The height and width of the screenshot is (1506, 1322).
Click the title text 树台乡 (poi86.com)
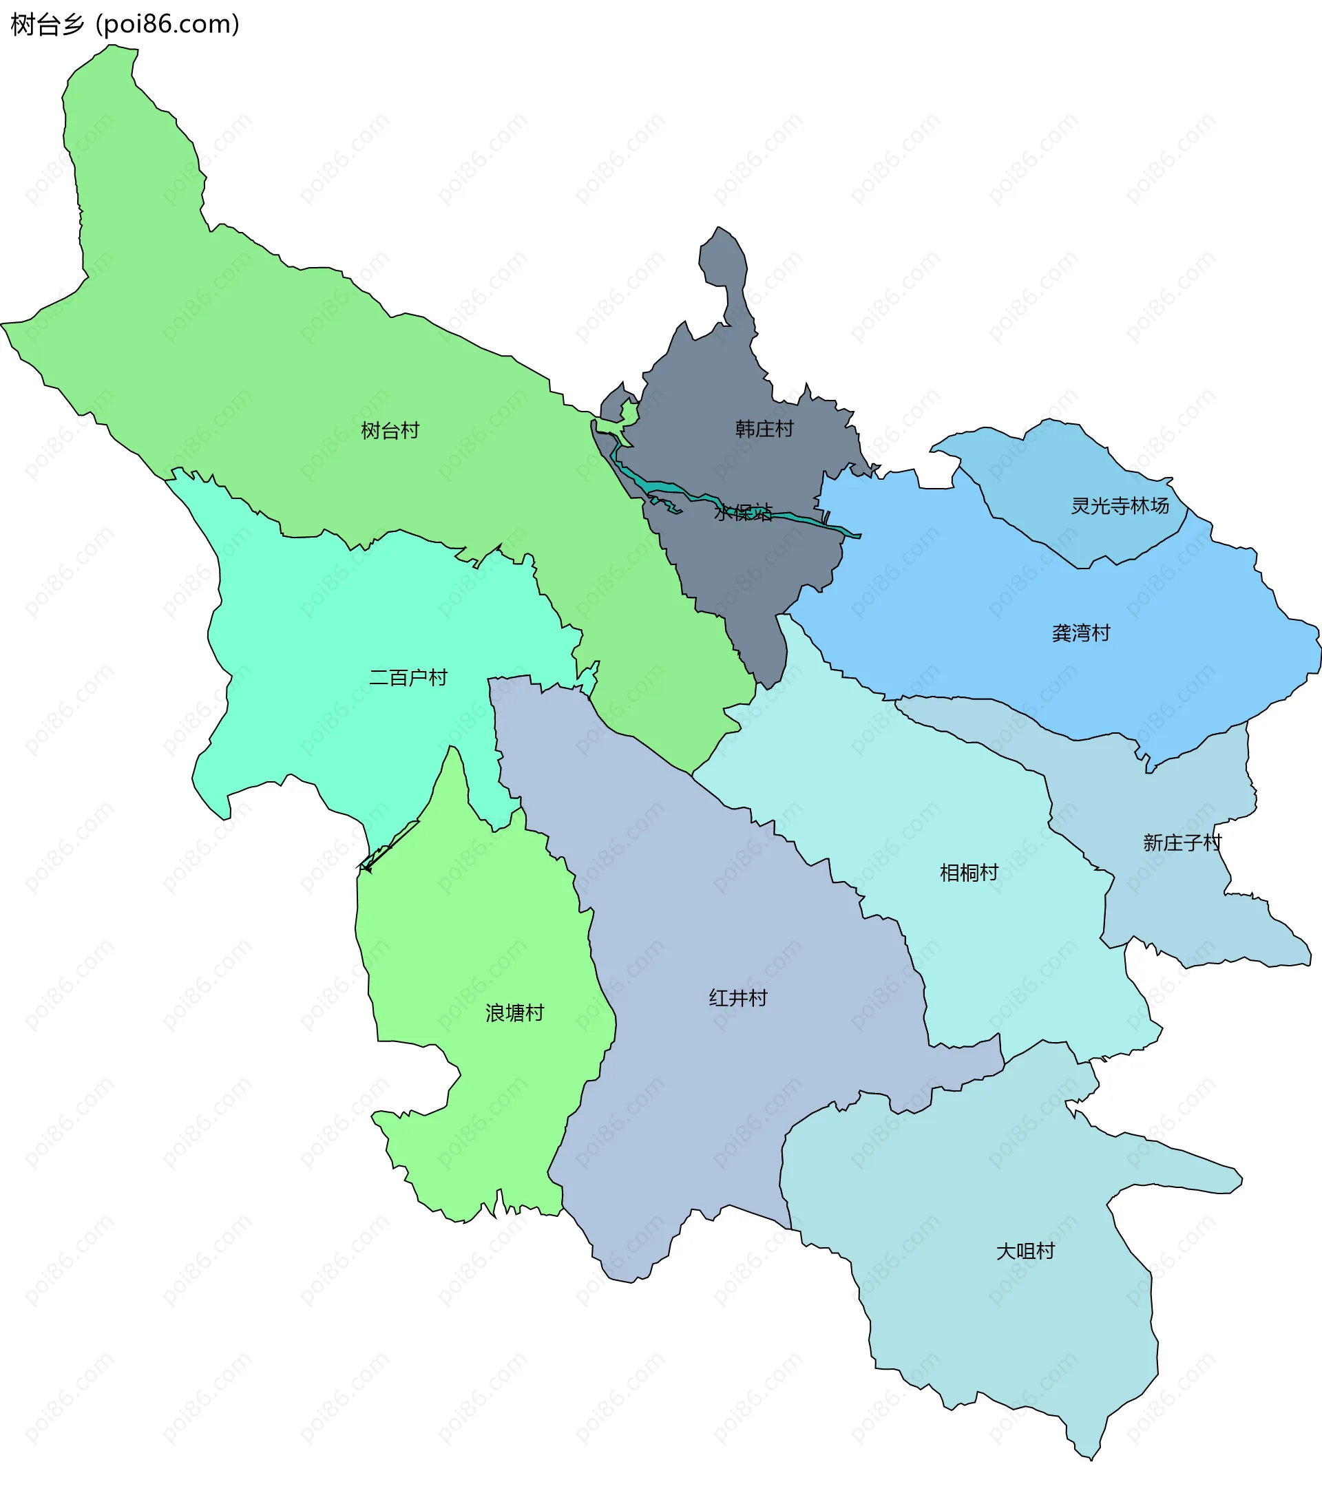[x=125, y=24]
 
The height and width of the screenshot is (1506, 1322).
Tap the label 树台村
[x=390, y=430]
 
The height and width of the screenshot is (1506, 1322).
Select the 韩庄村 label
[x=764, y=429]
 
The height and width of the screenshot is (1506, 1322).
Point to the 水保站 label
[x=743, y=512]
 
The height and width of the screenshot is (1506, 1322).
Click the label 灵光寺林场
[x=1120, y=505]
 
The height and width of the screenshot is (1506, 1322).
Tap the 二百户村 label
[x=408, y=677]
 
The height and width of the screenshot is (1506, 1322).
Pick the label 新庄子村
[x=1182, y=842]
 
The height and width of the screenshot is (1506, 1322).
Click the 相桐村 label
[x=968, y=872]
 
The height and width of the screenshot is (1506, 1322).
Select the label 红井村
[x=737, y=997]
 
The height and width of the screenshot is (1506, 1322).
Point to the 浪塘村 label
[x=514, y=1013]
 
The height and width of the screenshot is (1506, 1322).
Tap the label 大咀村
[x=1025, y=1251]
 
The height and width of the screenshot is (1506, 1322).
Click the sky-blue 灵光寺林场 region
[x=1069, y=471]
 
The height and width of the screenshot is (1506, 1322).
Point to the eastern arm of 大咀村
[x=1194, y=1176]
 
